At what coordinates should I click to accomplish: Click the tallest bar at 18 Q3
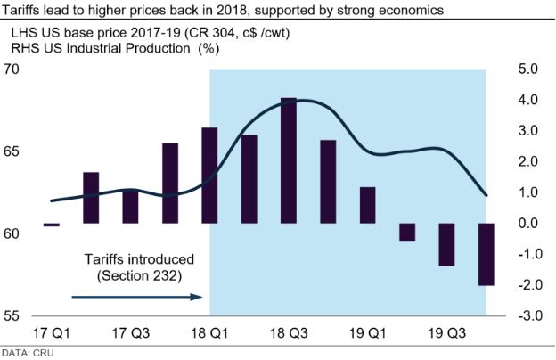(x=288, y=160)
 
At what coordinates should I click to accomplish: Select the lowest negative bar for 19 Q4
(x=486, y=254)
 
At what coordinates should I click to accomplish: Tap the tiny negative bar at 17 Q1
(x=51, y=225)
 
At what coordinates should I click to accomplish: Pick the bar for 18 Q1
(x=209, y=176)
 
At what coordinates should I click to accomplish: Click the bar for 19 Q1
(x=367, y=205)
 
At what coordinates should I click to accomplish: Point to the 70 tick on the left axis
(x=12, y=70)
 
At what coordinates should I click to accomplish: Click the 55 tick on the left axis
(x=12, y=315)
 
